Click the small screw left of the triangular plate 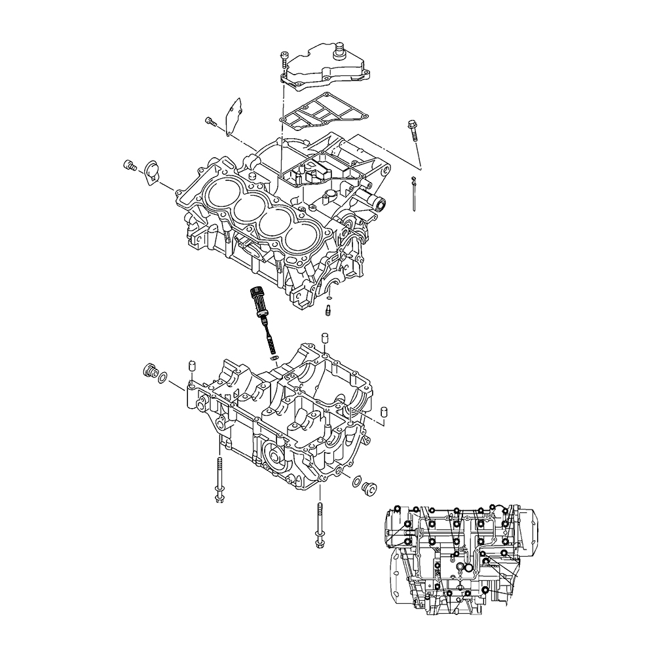coord(210,121)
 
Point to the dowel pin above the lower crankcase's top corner coord(323,339)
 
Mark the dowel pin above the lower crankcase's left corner coord(191,365)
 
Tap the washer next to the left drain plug coord(164,377)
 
